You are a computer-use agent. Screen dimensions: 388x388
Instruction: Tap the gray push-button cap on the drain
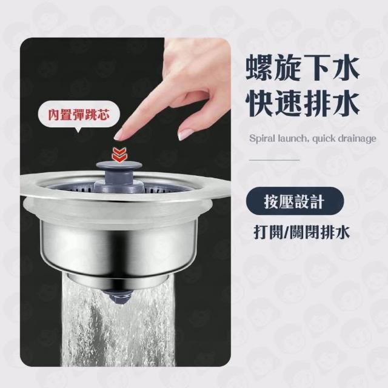(119, 167)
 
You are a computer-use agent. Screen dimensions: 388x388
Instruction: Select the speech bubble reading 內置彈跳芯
(79, 116)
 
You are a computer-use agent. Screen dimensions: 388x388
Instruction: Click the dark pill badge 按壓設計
(295, 202)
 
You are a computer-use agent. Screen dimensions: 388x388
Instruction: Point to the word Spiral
(261, 139)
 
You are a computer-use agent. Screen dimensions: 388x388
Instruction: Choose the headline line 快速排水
(302, 104)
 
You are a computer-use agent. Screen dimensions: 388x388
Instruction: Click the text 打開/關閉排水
(302, 232)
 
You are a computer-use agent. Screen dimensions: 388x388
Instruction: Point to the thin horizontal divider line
(275, 160)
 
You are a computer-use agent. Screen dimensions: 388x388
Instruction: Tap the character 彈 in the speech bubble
(78, 115)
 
